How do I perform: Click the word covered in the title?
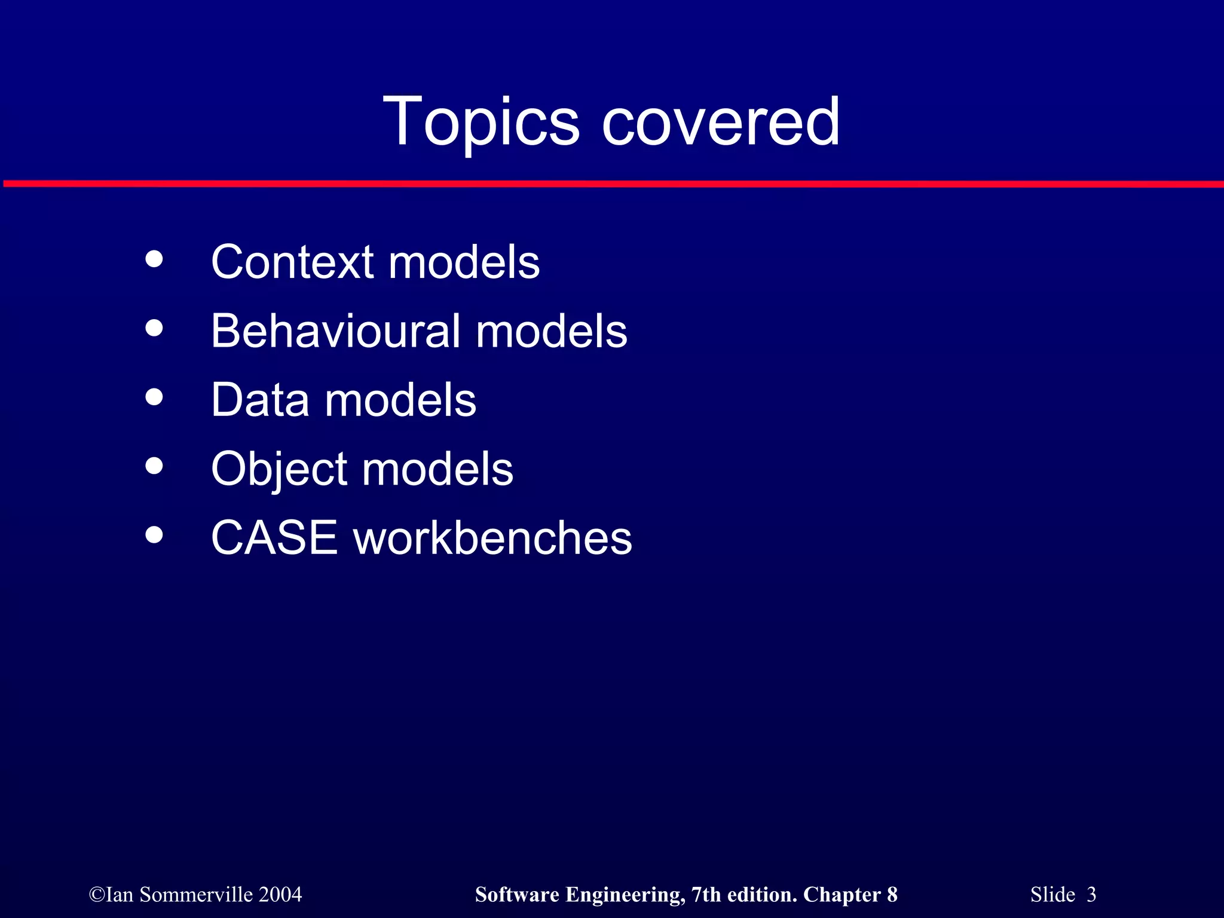(x=721, y=123)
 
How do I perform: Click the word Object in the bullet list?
(x=279, y=469)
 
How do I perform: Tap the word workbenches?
(x=492, y=537)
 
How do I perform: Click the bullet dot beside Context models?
(x=154, y=259)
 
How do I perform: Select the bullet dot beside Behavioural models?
(x=154, y=328)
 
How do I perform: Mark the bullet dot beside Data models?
(x=154, y=397)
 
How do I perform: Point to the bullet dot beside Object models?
(x=154, y=466)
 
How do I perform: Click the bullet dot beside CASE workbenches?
(x=154, y=534)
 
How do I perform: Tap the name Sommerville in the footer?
(x=196, y=895)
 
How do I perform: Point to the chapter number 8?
(x=892, y=895)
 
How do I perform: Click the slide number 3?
(x=1091, y=895)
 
